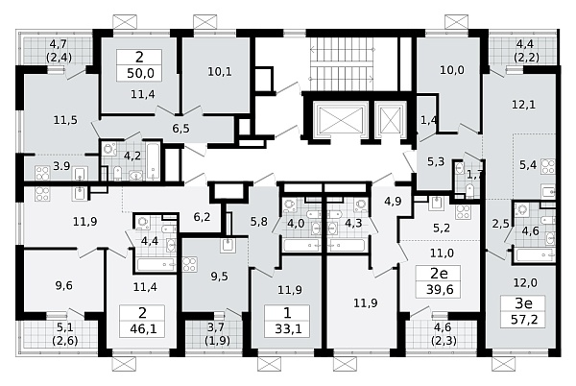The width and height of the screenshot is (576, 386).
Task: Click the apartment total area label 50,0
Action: point(139,73)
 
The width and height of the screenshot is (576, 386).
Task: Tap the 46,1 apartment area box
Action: point(142,322)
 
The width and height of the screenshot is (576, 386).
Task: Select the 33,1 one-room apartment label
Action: point(287,322)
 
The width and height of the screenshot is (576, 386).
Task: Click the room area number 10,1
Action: point(220,72)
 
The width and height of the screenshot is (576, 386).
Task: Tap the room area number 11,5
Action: point(65,120)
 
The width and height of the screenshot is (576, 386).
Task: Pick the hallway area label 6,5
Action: point(181,129)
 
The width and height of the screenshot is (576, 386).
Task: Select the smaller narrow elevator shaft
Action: point(389,120)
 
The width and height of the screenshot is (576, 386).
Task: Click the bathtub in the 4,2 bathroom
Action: point(154,161)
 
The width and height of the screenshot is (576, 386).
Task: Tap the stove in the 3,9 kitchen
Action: point(42,173)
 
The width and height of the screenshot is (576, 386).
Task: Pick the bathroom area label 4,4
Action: point(150,241)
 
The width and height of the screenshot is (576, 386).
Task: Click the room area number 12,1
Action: point(524,105)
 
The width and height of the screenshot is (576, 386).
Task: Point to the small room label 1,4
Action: point(429,120)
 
